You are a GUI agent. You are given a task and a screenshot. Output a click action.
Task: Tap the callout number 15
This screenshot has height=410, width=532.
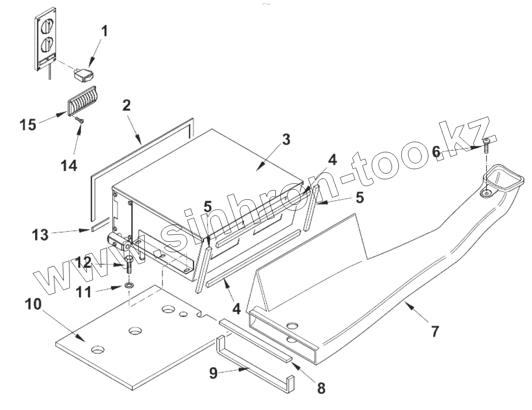pyautogui.click(x=27, y=125)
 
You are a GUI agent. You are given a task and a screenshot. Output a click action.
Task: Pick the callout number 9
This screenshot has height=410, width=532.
pyautogui.click(x=214, y=374)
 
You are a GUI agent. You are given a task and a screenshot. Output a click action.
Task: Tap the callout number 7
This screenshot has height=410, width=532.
pyautogui.click(x=435, y=331)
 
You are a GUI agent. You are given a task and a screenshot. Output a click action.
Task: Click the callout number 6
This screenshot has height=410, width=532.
pyautogui.click(x=436, y=152)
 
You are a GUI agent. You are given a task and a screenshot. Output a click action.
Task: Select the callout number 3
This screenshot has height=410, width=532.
pyautogui.click(x=286, y=140)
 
